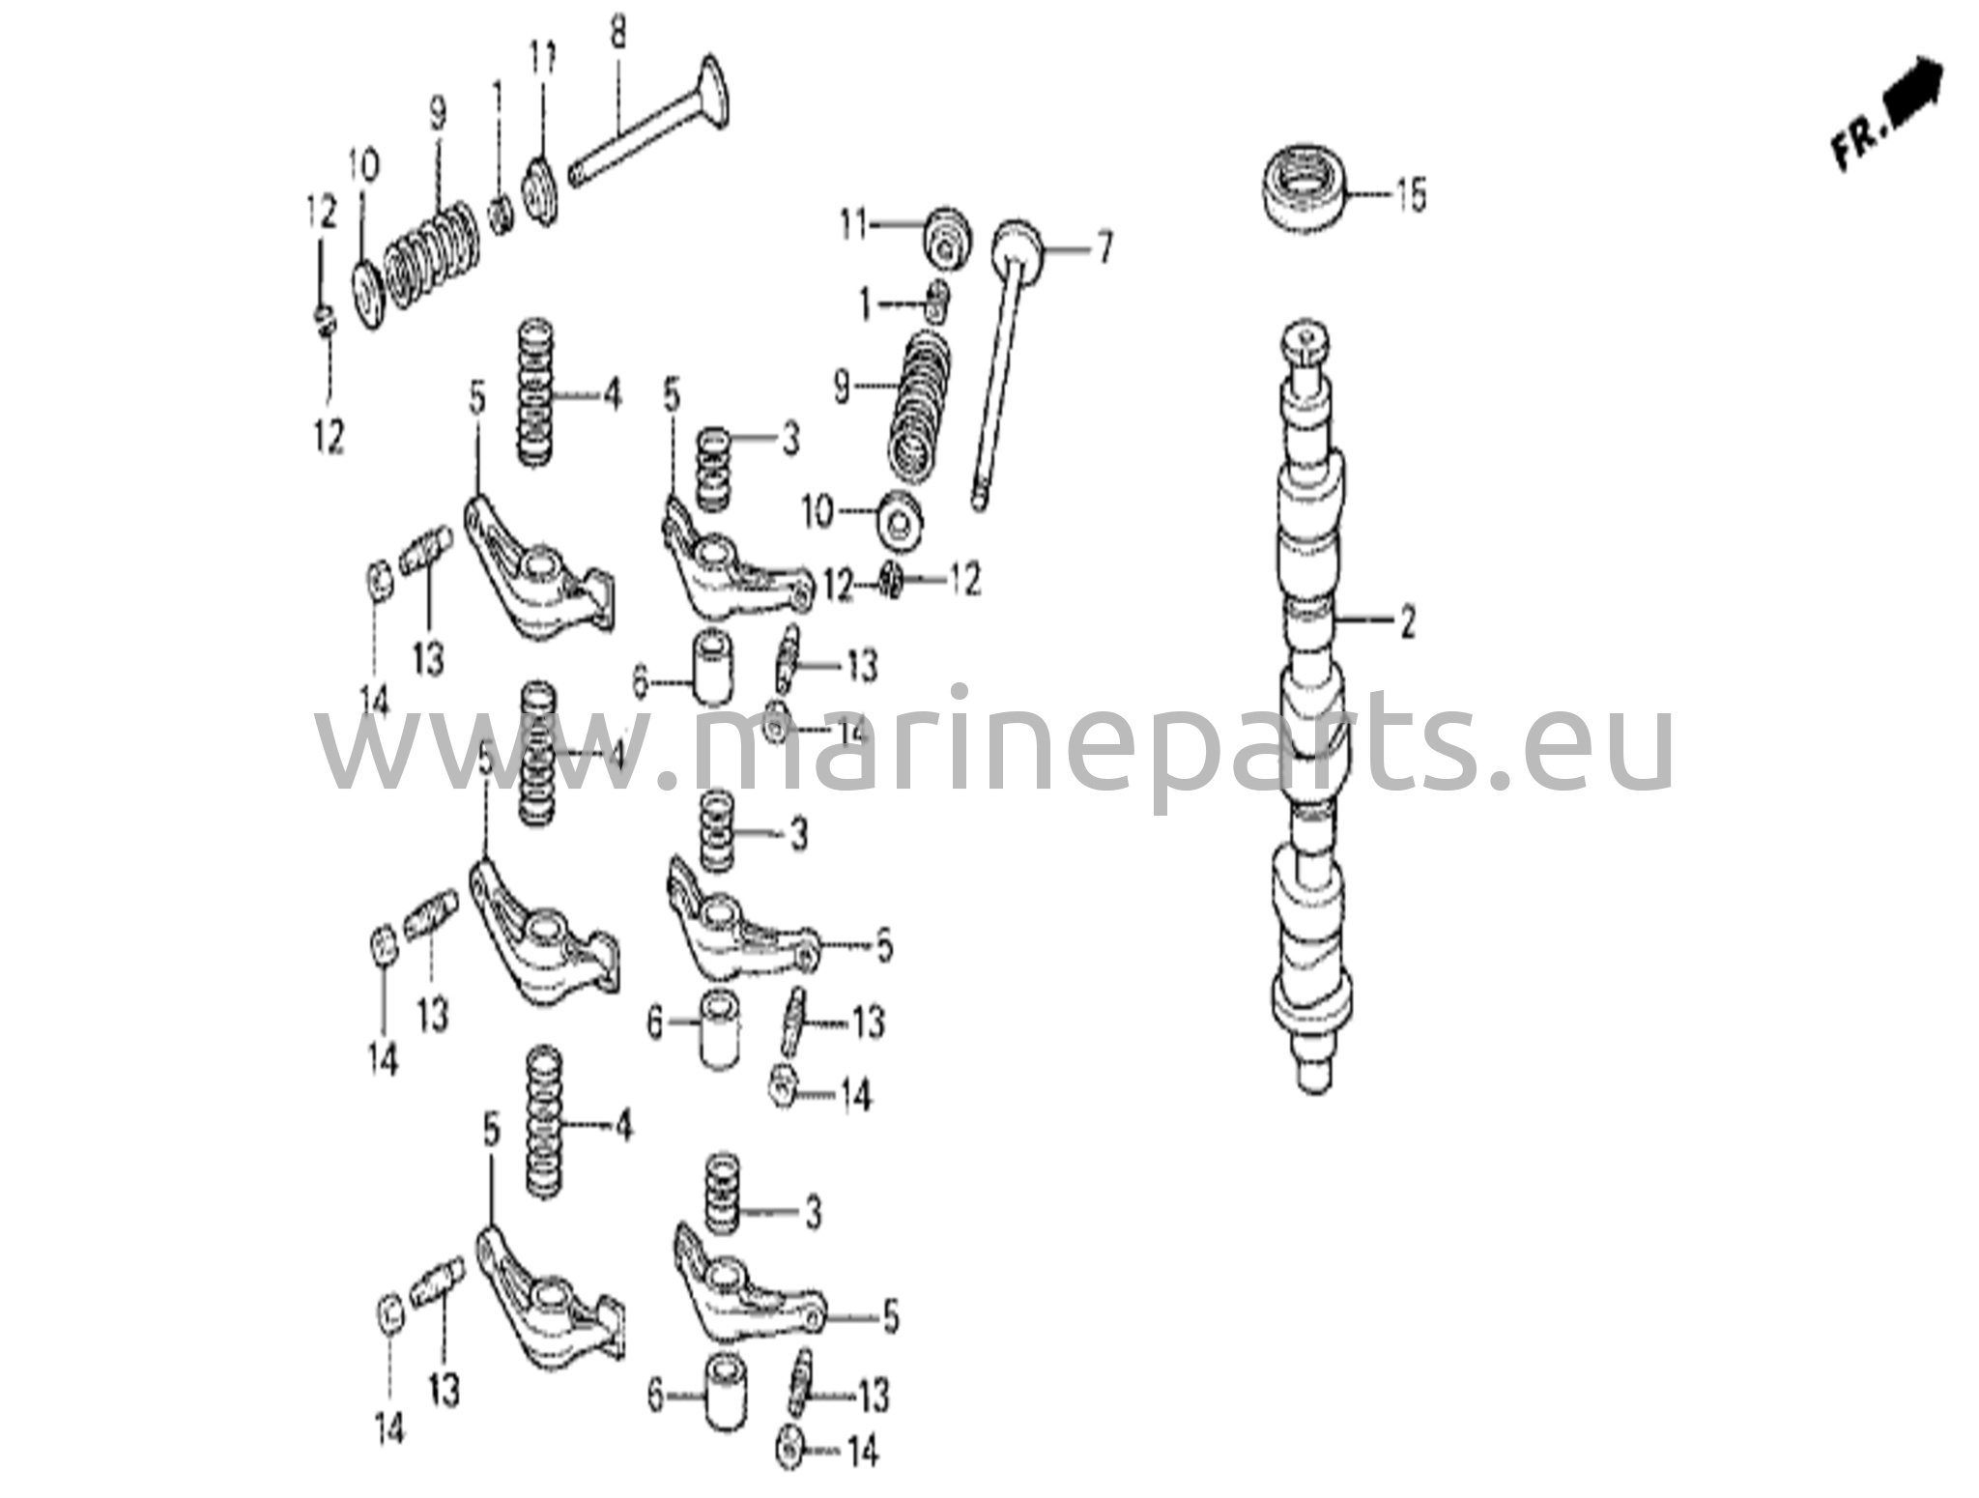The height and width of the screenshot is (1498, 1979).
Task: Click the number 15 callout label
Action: [x=1409, y=196]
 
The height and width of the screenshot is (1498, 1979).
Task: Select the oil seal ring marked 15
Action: [x=1305, y=189]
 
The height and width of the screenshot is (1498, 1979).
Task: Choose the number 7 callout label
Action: [x=1104, y=248]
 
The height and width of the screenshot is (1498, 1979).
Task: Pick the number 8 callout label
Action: [x=617, y=35]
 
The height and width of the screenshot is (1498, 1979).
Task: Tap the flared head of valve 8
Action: [x=712, y=92]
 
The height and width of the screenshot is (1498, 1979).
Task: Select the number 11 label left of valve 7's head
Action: [x=853, y=226]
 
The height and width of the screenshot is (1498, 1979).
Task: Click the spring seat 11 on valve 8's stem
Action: [x=541, y=189]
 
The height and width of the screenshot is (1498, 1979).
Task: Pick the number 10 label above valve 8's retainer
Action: [x=363, y=166]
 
